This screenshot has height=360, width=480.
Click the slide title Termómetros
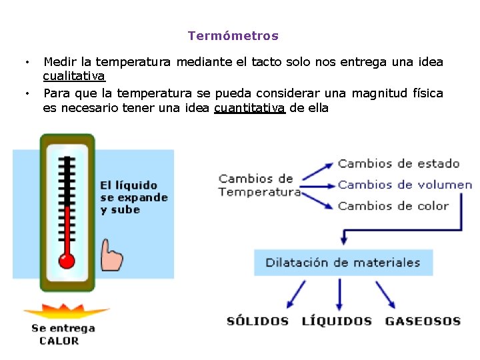pos(233,36)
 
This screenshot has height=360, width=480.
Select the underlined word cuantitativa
pos(249,108)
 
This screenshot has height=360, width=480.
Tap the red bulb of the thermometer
pos(66,259)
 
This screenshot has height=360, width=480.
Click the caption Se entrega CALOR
pos(63,335)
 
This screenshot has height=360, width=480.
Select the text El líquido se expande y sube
pos(133,197)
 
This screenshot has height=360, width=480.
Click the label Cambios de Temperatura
pos(259,185)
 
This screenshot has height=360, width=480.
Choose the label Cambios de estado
pos(399,163)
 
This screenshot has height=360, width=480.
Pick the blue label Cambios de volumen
pos(405,185)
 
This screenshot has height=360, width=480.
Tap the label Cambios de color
pos(393,206)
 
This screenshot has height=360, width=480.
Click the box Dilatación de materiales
pos(343,263)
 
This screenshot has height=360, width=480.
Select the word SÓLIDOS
pos(257,321)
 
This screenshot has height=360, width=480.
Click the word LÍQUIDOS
pos(336,321)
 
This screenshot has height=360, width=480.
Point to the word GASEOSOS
pos(423,321)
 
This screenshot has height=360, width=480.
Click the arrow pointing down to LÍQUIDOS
pos(339,293)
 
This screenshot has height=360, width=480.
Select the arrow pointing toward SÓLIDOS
pos(295,295)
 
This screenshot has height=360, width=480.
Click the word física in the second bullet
pos(428,93)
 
